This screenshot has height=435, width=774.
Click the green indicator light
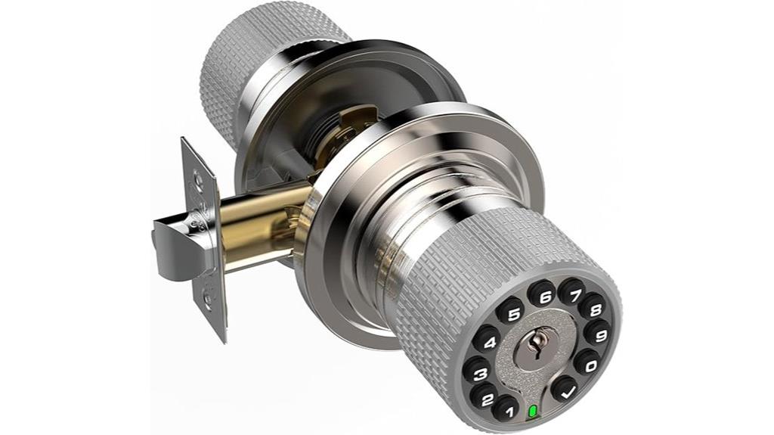pyautogui.click(x=534, y=413)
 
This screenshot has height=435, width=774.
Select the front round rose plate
pyautogui.click(x=333, y=250)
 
